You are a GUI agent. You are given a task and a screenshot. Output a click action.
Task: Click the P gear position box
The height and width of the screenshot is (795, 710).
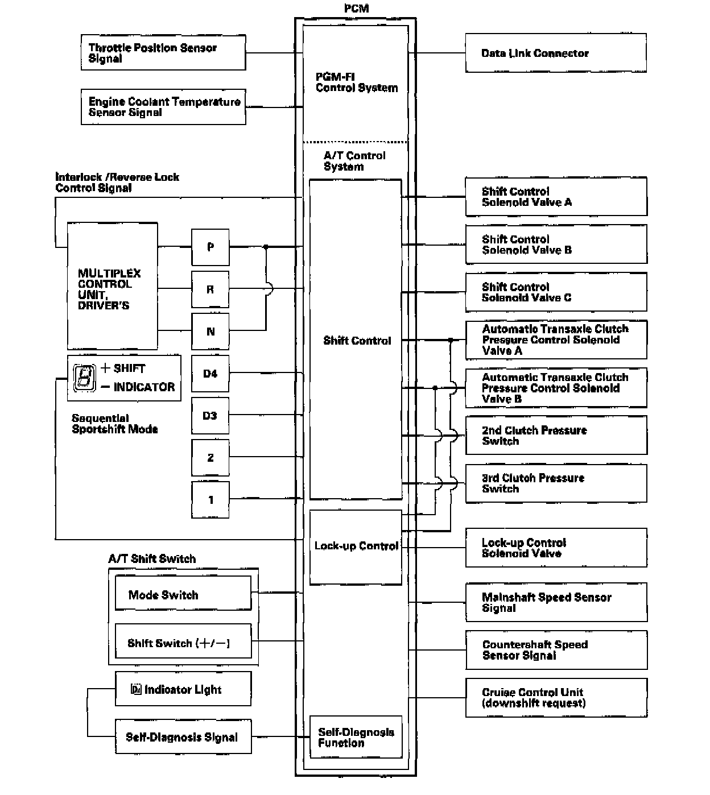pos(210,247)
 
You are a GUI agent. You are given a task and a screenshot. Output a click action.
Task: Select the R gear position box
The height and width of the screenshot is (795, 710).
pos(210,289)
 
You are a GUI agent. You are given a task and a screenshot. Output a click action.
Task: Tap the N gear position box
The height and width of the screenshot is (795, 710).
pos(210,332)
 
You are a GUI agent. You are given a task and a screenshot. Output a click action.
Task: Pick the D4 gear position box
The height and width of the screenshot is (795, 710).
pos(210,374)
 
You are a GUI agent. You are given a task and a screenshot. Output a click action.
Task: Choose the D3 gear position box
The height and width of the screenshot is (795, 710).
pos(210,416)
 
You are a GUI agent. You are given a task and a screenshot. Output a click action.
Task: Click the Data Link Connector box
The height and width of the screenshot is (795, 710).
pos(556,53)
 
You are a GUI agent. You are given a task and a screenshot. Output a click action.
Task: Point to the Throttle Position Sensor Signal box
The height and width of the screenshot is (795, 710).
pos(163,53)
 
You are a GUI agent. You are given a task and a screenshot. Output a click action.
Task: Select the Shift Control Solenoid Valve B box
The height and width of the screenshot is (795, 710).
pos(556,245)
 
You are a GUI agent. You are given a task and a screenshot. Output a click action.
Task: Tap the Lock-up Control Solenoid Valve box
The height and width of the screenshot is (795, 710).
pos(556,548)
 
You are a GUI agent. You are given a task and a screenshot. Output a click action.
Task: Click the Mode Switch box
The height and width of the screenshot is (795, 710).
pos(183,594)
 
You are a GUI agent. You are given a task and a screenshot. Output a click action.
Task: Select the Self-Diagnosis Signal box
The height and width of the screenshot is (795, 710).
pos(183,737)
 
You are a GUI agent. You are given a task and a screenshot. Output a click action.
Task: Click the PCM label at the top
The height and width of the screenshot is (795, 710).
pos(356,9)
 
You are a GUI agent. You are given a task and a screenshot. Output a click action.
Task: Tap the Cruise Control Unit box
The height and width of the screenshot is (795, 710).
pos(556,697)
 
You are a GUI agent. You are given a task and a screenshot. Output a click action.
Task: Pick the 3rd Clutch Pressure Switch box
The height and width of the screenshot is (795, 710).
pos(556,483)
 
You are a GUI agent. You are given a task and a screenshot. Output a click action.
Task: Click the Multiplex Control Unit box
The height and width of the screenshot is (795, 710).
pos(112,286)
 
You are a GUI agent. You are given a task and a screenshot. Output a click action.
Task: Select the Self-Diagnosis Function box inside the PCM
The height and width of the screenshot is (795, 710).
pos(356,737)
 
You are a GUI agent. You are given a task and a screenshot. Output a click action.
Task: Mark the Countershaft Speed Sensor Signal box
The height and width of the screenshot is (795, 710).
pos(556,649)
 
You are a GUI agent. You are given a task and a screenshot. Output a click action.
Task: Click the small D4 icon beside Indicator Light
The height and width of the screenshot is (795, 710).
pos(136,690)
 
